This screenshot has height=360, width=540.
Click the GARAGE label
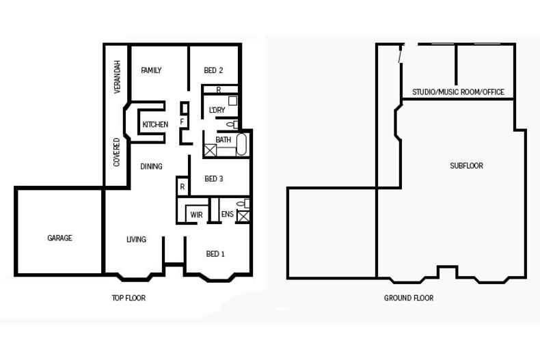coord(59,238)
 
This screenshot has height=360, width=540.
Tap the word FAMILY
coord(151,70)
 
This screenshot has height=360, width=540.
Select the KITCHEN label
coord(155,124)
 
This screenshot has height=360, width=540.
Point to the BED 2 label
coord(213,70)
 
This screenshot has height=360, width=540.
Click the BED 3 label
coord(214,179)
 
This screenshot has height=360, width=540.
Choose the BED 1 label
coord(215,254)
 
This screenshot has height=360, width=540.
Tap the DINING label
coord(151,166)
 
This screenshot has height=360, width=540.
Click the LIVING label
coord(136,240)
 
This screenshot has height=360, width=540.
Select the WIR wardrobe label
coord(196,215)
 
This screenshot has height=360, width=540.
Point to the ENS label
coord(228,215)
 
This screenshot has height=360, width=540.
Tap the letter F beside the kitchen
coord(182,122)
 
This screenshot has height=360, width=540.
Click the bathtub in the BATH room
coord(241,146)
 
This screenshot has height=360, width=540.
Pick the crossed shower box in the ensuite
coord(243,217)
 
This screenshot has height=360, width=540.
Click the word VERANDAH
coord(118,77)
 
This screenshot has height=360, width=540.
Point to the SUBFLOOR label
coord(466,166)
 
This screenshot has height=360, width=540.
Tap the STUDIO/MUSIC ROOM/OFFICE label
coord(458,92)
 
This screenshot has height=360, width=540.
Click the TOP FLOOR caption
coord(129,298)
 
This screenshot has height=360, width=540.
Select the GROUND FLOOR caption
coord(409,298)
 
